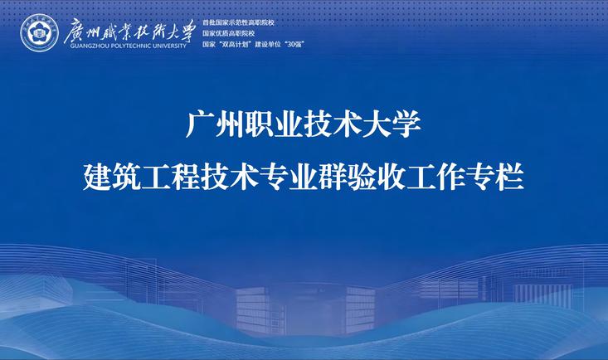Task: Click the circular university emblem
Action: [39, 32]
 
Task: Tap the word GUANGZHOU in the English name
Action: [85, 46]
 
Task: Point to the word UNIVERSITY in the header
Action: [169, 46]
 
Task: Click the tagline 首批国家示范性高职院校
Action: [238, 22]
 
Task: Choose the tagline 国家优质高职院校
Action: [228, 33]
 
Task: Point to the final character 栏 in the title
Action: [510, 177]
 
